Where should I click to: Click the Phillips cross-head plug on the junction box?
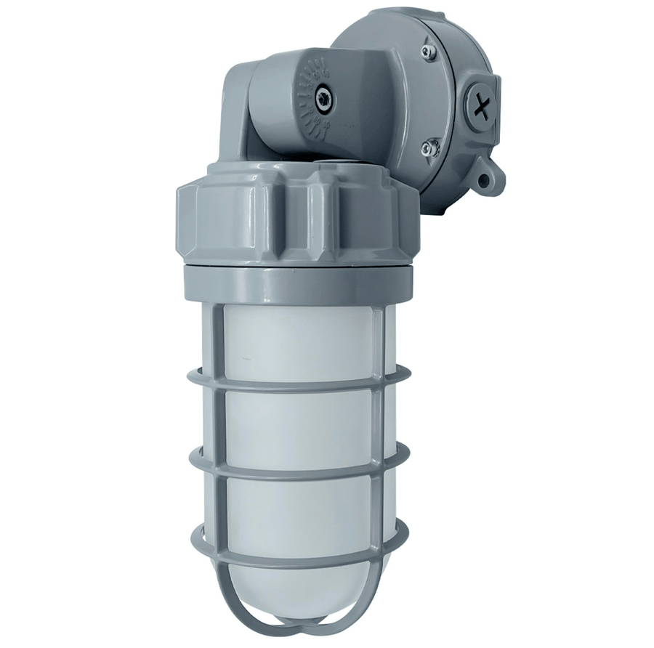coord(479,108)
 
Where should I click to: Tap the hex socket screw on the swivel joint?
coord(323,97)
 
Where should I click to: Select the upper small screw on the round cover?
coord(429,52)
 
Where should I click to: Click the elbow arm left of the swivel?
coord(236,109)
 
